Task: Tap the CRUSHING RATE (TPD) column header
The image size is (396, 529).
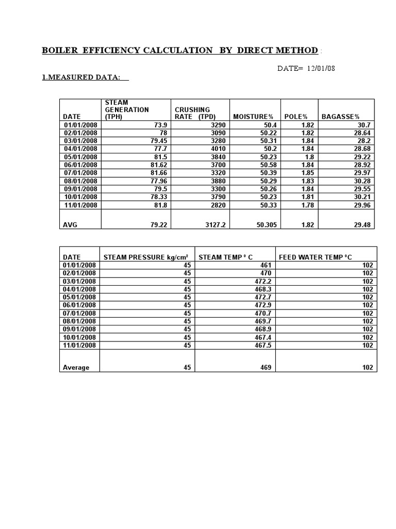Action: point(195,113)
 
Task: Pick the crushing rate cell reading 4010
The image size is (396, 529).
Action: point(217,149)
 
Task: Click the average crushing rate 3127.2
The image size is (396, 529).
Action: point(213,225)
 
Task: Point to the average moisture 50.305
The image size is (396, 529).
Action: point(265,225)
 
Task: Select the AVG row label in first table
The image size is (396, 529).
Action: point(70,225)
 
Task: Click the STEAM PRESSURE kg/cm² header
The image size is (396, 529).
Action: point(146,257)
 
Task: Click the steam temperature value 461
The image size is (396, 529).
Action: point(266,265)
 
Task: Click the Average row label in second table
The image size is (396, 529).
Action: point(76,367)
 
